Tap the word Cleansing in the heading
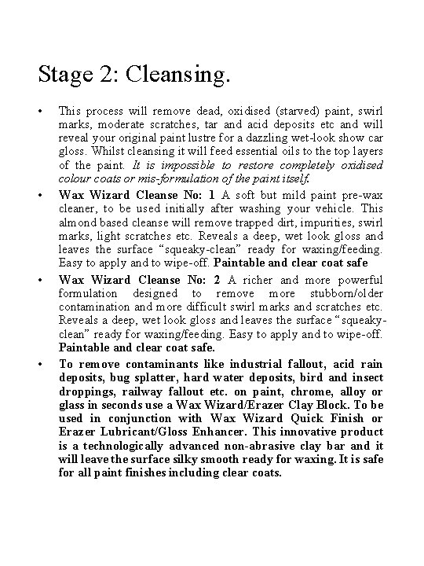pyautogui.click(x=181, y=76)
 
